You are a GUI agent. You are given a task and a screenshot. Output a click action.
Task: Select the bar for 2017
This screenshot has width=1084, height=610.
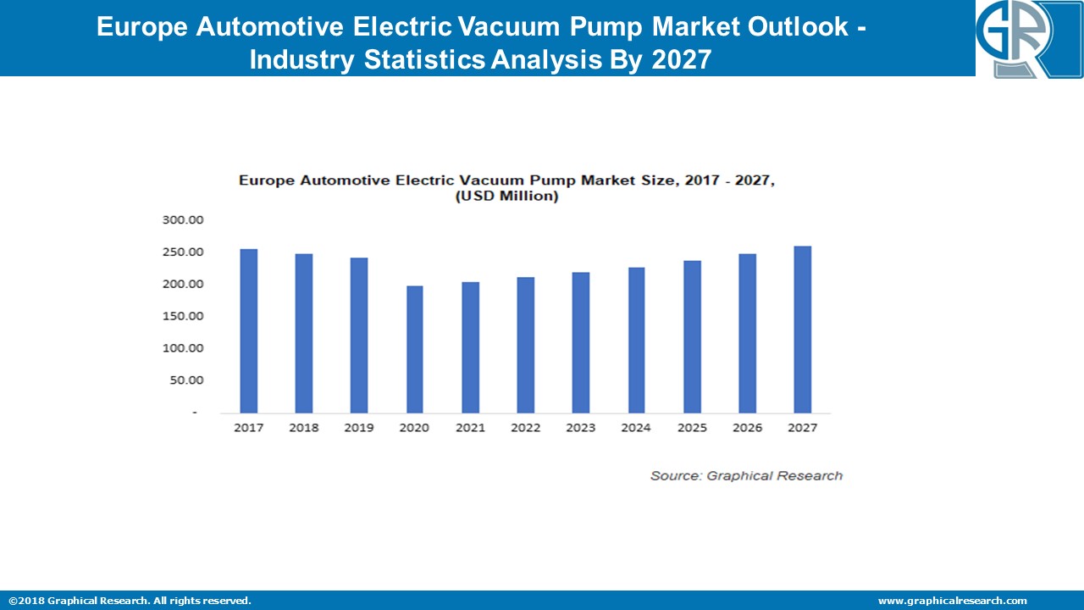[248, 330]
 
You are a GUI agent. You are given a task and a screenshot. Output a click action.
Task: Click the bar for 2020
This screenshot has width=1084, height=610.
[414, 349]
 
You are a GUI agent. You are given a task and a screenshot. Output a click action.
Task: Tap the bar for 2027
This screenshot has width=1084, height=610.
[802, 329]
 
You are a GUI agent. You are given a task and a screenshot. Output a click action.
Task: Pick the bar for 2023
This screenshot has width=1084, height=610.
[580, 342]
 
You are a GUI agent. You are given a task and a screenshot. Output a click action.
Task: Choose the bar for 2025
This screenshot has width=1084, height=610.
[691, 336]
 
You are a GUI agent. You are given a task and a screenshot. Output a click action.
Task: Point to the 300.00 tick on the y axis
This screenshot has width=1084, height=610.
[183, 220]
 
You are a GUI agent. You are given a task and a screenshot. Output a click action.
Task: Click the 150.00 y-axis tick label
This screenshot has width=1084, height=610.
[183, 316]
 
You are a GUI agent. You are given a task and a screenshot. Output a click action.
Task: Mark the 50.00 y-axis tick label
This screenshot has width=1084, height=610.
[186, 380]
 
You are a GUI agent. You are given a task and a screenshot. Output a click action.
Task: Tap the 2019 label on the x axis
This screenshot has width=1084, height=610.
[359, 428]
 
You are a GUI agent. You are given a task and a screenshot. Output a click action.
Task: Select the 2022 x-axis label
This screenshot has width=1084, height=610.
[525, 428]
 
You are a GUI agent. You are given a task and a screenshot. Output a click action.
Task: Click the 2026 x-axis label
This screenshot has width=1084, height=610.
[747, 428]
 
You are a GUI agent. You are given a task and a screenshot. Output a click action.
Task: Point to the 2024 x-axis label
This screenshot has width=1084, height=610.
[636, 428]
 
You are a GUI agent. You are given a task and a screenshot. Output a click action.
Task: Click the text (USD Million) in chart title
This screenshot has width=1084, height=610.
[507, 196]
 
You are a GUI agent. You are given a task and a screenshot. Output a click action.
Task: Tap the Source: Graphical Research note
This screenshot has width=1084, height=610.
[746, 476]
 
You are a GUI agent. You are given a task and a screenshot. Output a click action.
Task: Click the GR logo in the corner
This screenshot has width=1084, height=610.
[1028, 39]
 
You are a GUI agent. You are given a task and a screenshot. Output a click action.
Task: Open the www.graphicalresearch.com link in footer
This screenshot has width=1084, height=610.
[952, 601]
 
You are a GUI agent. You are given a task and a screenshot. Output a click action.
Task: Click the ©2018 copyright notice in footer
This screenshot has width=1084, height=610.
[130, 601]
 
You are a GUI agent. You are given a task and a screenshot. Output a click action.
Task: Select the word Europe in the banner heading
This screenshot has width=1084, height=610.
[143, 27]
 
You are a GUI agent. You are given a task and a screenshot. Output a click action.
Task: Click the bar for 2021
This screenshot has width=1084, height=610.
[470, 347]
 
